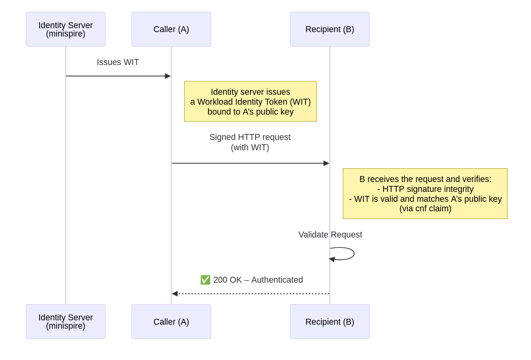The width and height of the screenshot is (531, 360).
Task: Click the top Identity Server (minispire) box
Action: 65,29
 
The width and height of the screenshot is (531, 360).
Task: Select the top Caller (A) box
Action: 171,29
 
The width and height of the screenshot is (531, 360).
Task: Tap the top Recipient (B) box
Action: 330,29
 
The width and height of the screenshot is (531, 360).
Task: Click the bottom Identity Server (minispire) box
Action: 65,322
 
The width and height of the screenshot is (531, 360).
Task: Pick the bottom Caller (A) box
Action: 171,322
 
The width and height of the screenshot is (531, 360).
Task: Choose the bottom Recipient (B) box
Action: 330,322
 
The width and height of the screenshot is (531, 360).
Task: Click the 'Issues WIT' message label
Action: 118,62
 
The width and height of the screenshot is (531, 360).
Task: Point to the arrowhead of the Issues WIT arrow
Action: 168,76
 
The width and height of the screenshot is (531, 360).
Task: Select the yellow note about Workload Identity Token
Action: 250,101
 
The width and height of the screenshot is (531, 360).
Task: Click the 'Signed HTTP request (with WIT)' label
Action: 250,142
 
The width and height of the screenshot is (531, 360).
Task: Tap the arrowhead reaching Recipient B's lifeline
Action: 327,163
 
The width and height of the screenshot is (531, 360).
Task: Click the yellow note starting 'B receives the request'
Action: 425,193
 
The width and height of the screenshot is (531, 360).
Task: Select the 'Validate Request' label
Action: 330,235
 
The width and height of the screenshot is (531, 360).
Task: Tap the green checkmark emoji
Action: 205,280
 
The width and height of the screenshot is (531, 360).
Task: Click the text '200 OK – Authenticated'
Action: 258,280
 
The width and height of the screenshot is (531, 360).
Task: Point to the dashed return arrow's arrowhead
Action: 175,294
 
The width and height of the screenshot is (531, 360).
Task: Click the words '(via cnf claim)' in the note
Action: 425,209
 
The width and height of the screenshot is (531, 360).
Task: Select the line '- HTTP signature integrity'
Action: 425,189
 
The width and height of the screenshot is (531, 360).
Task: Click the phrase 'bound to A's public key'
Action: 250,112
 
